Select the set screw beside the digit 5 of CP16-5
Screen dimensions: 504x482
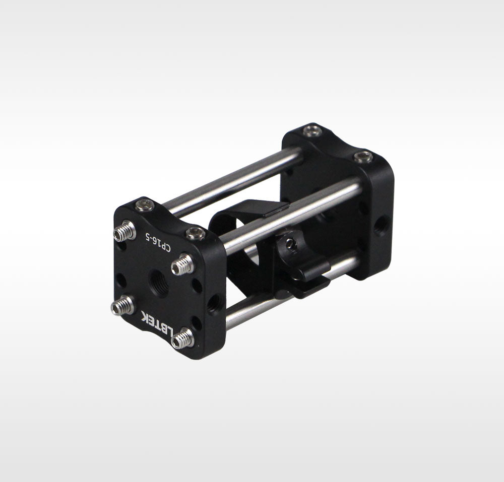(x=124, y=231)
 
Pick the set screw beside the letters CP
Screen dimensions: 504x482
(x=182, y=264)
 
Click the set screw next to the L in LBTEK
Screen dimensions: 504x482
(x=182, y=338)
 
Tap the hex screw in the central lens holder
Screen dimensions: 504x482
(x=291, y=245)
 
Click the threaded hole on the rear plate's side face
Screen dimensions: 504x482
(x=382, y=226)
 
